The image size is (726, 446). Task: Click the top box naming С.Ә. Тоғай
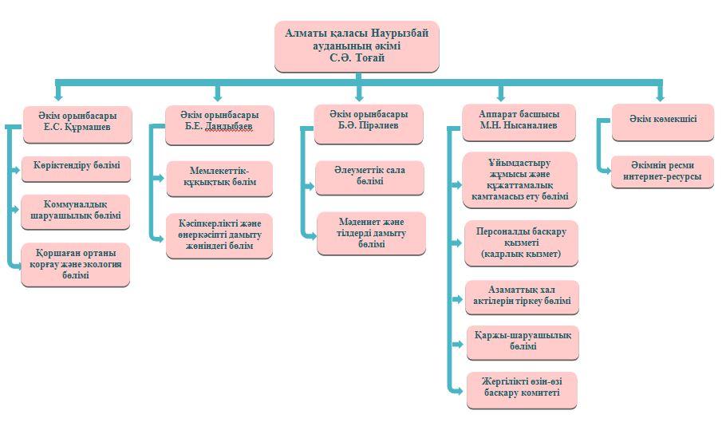tap(357, 46)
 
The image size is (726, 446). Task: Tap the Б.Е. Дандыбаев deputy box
tap(219, 125)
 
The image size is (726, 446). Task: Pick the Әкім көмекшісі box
tap(662, 120)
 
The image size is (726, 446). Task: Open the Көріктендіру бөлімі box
tap(76, 168)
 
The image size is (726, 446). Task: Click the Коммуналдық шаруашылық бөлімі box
tap(76, 210)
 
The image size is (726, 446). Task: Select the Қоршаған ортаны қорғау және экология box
tap(76, 264)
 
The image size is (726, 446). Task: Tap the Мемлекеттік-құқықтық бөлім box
tap(219, 178)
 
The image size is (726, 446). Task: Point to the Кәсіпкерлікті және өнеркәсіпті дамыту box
tap(219, 235)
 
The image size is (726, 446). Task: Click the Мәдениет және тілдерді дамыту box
tap(371, 233)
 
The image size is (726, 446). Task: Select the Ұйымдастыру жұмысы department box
tap(519, 180)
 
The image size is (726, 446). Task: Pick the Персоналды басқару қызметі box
tap(521, 243)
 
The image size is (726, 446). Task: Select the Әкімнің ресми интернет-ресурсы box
tap(662, 172)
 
